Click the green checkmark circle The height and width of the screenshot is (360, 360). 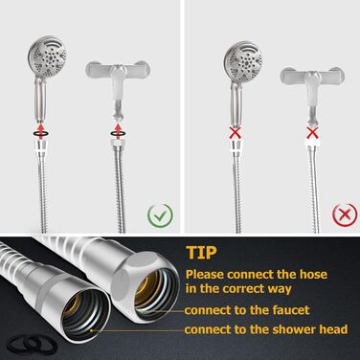click(160, 215)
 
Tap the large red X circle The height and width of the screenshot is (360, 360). click(345, 214)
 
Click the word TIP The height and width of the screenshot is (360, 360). click(201, 252)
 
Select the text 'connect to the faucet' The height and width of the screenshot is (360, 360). click(247, 310)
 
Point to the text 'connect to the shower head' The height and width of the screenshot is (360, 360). click(266, 329)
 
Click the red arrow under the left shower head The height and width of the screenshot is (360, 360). click(41, 130)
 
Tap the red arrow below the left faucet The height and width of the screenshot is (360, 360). click(119, 131)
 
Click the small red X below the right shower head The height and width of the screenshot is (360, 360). click(236, 133)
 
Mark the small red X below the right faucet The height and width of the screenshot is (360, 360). click(312, 132)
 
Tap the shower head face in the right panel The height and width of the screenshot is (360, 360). click(243, 60)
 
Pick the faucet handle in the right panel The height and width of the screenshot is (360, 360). click(312, 76)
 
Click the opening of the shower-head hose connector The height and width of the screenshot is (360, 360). click(84, 315)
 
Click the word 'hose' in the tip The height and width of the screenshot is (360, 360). click(313, 275)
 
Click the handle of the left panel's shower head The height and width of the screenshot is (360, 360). click(41, 98)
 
